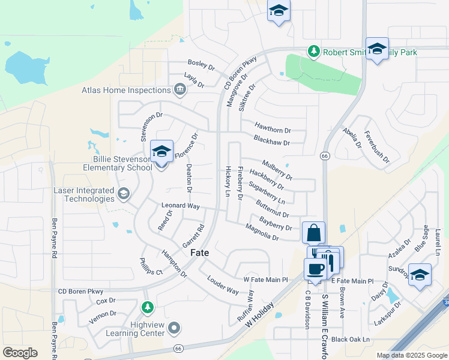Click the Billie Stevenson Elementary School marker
click(x=161, y=152)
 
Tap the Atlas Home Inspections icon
click(x=179, y=91)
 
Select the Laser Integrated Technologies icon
click(x=124, y=193)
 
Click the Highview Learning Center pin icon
click(x=174, y=328)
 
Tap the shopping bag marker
click(x=314, y=233)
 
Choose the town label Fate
click(x=200, y=253)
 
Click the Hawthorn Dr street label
click(x=273, y=128)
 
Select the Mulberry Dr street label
click(x=277, y=169)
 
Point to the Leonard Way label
click(x=180, y=205)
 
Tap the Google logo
click(x=20, y=353)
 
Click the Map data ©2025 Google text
click(x=411, y=355)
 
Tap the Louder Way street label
click(x=223, y=284)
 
